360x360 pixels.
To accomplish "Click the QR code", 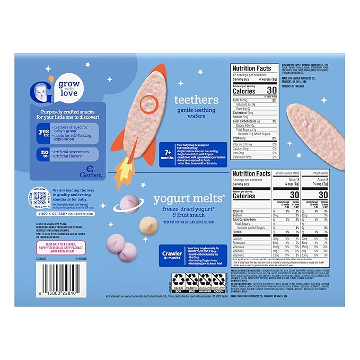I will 39,198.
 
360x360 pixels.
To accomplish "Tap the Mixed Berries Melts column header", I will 287,173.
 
